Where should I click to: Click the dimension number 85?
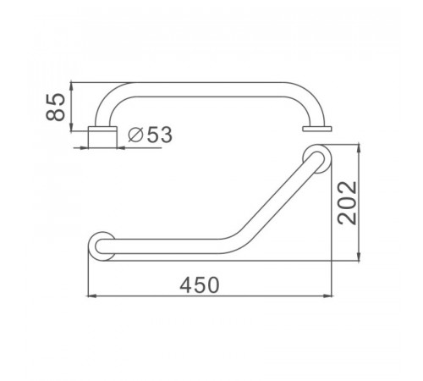click(x=56, y=108)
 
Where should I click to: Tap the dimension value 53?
click(x=160, y=135)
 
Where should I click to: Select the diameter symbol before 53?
click(x=135, y=135)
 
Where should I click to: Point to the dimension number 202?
click(x=348, y=202)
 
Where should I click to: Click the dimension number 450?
click(x=200, y=284)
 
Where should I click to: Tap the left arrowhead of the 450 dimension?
click(x=92, y=296)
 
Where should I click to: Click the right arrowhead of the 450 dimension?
click(x=328, y=295)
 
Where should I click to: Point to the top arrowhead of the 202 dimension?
click(x=359, y=149)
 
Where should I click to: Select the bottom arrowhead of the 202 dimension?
click(x=359, y=257)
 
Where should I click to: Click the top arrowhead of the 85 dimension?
click(x=71, y=86)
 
